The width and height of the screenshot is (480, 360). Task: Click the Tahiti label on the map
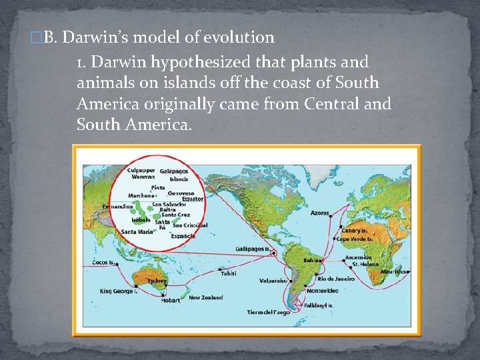[x=229, y=273]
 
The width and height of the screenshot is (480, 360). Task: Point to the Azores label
[x=319, y=213]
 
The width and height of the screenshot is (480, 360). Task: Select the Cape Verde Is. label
[x=356, y=239]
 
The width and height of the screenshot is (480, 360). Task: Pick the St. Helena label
[x=365, y=265]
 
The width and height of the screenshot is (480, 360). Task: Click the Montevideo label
[x=322, y=291]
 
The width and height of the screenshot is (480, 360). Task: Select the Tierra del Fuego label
[x=269, y=312]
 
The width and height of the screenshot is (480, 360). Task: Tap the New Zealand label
[x=205, y=297]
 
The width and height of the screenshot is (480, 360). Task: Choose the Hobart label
[x=170, y=300]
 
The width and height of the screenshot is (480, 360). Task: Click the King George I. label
[x=119, y=291]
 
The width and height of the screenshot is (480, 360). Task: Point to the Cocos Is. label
[x=103, y=263]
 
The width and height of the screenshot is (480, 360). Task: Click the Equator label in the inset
[x=193, y=199]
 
